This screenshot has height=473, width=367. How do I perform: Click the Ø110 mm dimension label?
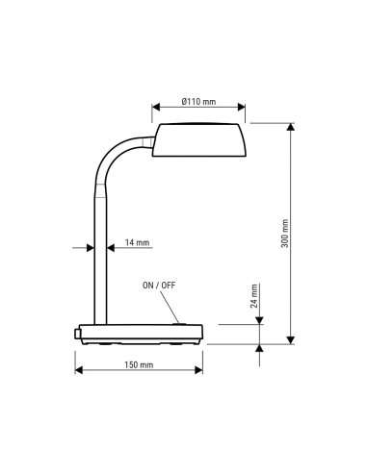(x=197, y=103)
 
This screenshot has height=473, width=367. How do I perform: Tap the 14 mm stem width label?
(x=137, y=244)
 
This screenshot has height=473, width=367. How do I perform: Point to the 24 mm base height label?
(x=254, y=296)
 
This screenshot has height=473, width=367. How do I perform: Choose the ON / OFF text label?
(x=160, y=286)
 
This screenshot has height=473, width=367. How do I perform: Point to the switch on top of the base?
(x=179, y=323)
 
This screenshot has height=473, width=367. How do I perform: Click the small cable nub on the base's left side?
(x=75, y=333)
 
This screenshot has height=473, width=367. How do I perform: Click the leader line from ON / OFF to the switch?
(x=170, y=307)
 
